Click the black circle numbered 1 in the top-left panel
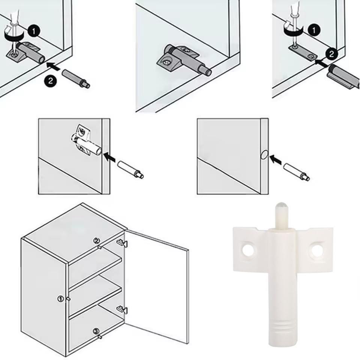click(34, 31)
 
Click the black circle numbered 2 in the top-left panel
click(51, 81)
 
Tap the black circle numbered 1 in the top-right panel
click(314, 30)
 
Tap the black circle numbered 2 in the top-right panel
click(331, 54)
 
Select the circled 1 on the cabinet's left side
click(60, 299)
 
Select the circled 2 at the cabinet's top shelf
click(97, 241)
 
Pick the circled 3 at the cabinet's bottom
click(96, 331)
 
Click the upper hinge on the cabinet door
click(122, 243)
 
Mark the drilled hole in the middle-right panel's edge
click(264, 155)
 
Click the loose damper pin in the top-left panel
click(76, 78)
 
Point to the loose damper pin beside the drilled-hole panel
click(297, 172)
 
